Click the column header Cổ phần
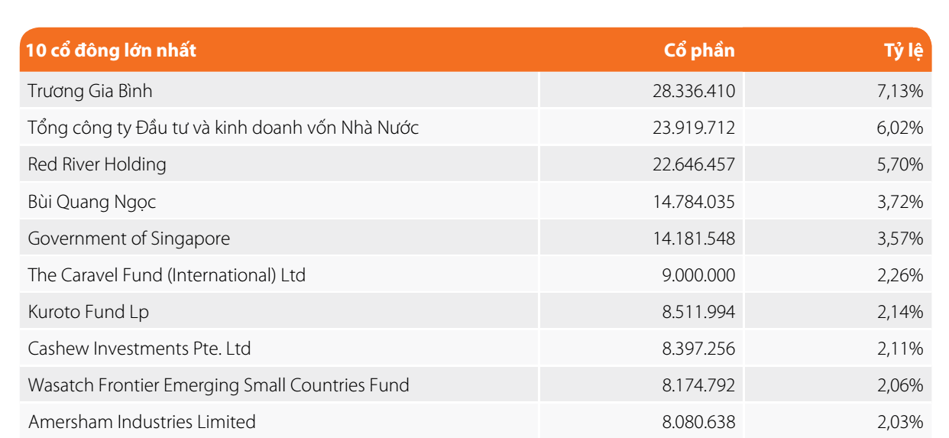coord(699,50)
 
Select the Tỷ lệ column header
coord(904,51)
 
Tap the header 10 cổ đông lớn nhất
coord(112,50)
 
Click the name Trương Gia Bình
coord(90,91)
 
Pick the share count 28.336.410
coord(694,91)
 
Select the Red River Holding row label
coord(97,164)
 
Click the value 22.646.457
coord(694,164)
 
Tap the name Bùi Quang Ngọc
coord(92,202)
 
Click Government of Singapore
coord(128,238)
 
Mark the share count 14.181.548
coord(694,238)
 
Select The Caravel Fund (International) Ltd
coord(167,275)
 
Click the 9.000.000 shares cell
coord(699,275)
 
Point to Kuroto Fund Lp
coord(89,312)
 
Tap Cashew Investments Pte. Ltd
coord(139,349)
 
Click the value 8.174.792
coord(699,385)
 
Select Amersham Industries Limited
coord(142,422)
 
